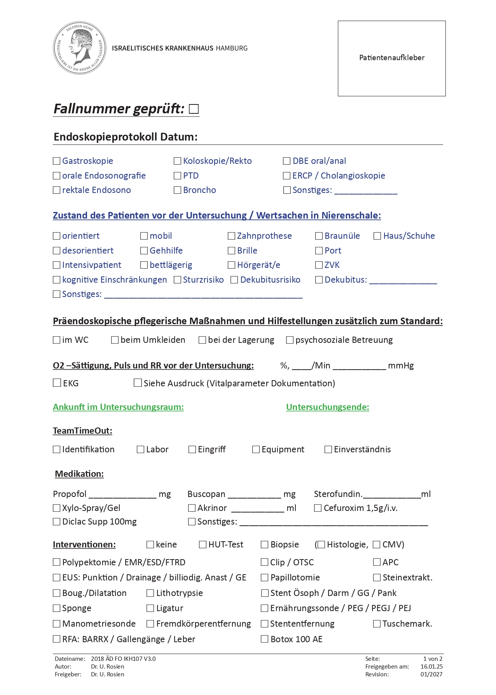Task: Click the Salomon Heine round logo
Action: coord(80,48)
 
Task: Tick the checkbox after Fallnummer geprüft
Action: coord(194,109)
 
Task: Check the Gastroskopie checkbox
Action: coord(57,161)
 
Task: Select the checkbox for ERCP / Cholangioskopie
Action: coord(287,175)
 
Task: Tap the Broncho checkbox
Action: coord(178,190)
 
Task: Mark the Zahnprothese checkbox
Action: coord(232,236)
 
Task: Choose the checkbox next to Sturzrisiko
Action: coord(178,280)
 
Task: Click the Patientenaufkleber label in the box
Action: coord(391,58)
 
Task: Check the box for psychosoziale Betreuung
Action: coord(290,340)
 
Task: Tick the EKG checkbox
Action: coord(57,383)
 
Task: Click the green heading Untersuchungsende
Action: coord(327,407)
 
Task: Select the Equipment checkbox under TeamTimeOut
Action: coord(256,449)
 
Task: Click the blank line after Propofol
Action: coord(122,494)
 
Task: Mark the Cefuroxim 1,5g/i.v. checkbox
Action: coord(318,508)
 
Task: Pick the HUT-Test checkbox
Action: coord(203,544)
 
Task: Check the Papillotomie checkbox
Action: coord(265,577)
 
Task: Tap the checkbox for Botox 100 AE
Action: coord(265,639)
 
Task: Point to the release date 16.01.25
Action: coord(431,666)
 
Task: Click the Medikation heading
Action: coord(79,474)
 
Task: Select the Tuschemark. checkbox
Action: coord(377,624)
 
